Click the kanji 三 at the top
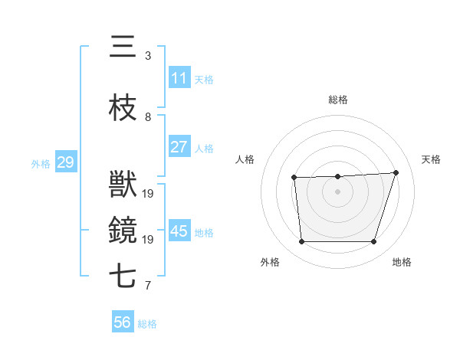point(123,48)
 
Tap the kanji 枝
point(123,109)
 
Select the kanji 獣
point(123,185)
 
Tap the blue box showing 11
point(179,78)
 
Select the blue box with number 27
point(179,147)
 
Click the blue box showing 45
point(179,231)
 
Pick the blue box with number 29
point(65,162)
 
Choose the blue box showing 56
point(122,322)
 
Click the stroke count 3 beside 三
point(148,56)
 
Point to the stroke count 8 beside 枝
point(148,117)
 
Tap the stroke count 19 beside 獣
point(148,193)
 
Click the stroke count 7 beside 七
point(148,286)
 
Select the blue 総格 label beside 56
point(147,324)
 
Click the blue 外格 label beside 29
point(41,163)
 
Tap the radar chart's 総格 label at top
point(338,100)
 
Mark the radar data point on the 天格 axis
point(396,172)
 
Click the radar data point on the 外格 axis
point(302,241)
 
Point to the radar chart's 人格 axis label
point(245,159)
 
